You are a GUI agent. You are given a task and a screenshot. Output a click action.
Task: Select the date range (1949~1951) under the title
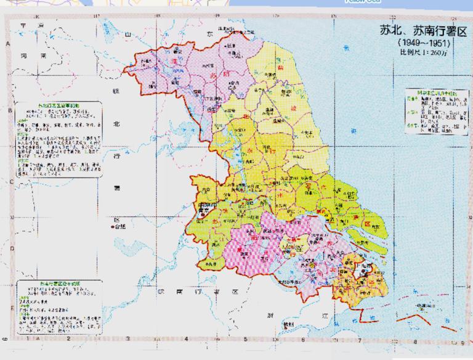point(423,44)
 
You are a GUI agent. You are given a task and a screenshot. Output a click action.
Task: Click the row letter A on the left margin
point(8,44)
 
